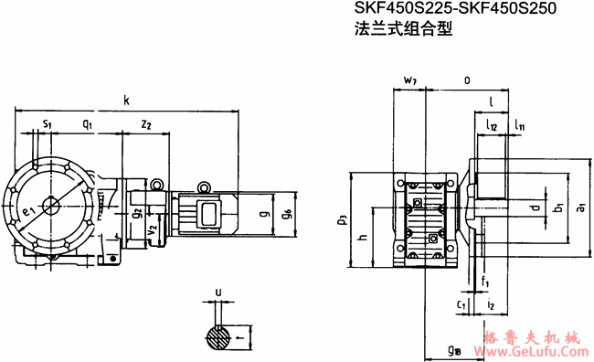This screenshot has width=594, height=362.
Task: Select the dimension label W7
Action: point(410,81)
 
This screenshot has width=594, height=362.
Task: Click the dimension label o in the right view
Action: point(467,80)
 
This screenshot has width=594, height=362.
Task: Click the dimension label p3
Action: point(341,219)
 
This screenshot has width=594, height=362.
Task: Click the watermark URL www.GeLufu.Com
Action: point(538,348)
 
